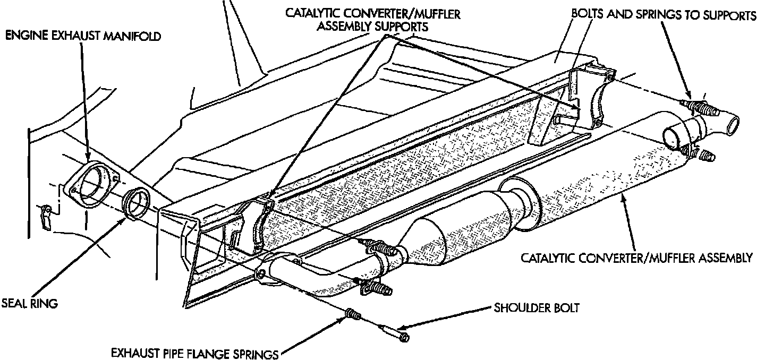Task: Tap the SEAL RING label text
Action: click(x=29, y=304)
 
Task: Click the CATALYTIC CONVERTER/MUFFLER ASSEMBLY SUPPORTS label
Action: click(x=372, y=20)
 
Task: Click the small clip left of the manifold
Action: click(x=47, y=217)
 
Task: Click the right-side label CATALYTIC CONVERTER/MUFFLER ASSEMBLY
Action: click(x=636, y=258)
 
